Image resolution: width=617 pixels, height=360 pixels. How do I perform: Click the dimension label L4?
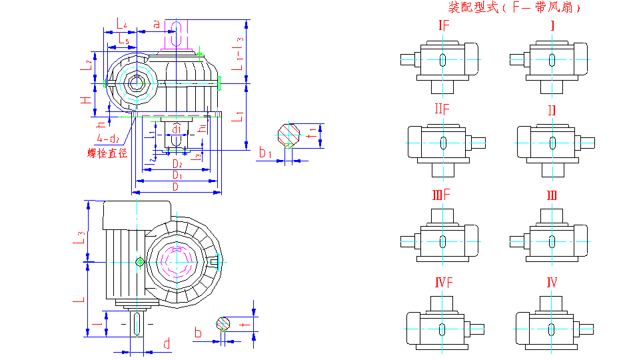click(121, 24)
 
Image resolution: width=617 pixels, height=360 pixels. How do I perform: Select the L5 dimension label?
click(123, 41)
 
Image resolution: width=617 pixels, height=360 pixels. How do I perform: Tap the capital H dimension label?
click(85, 100)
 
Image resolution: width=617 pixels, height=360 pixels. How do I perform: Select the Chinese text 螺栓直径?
click(107, 153)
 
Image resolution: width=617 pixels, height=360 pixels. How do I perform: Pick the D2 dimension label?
click(177, 163)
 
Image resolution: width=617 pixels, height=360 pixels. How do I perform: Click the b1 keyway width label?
click(266, 154)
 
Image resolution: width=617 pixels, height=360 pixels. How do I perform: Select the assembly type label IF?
click(444, 26)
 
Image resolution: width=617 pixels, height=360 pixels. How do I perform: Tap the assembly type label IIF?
click(443, 109)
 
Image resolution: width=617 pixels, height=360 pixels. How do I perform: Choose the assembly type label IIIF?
click(442, 195)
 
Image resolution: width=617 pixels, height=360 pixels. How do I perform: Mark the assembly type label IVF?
click(444, 283)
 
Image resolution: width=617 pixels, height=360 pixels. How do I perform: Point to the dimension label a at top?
click(156, 24)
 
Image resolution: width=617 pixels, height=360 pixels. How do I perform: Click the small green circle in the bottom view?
click(139, 262)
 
